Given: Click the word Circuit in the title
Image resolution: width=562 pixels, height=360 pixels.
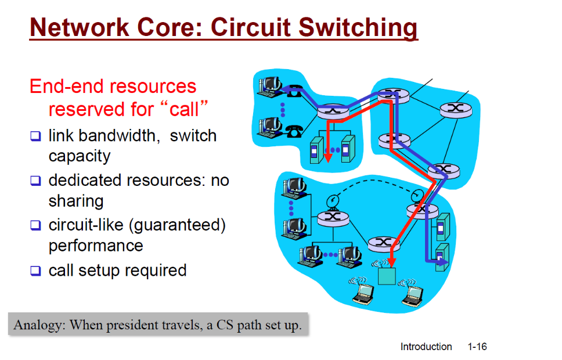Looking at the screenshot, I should tap(250, 27).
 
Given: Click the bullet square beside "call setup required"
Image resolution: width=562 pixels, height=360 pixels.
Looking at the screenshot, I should tap(36, 271).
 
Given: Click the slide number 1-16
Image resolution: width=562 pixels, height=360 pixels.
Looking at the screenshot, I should tap(477, 347).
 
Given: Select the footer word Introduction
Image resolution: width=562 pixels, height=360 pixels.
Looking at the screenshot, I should tap(426, 347).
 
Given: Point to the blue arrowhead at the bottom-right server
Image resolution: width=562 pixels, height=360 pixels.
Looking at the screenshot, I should tap(444, 262).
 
